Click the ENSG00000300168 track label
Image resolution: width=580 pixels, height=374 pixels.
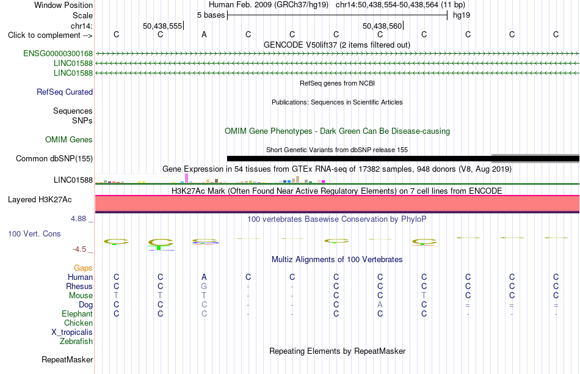point(58,54)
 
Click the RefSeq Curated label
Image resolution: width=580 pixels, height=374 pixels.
point(65,92)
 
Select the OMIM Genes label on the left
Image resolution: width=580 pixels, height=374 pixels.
point(69,139)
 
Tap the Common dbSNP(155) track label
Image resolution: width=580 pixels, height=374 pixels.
point(54,158)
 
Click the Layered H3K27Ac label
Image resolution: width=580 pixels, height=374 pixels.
point(40,200)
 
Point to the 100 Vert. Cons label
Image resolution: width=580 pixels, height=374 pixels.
point(34,233)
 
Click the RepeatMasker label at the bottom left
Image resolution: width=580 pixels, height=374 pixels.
point(67,359)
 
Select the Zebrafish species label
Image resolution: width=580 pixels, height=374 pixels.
point(76,341)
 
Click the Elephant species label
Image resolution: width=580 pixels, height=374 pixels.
point(78,313)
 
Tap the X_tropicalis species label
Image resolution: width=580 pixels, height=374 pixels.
point(72,332)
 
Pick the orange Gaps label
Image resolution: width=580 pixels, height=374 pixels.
point(83,268)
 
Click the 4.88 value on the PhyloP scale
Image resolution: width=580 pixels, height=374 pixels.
point(78,219)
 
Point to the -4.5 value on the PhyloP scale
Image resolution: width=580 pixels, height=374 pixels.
point(79,249)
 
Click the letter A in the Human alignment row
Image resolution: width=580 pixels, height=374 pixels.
point(204,277)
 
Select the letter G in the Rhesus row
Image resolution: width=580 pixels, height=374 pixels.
point(204,286)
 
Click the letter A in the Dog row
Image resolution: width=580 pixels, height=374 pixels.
point(380,304)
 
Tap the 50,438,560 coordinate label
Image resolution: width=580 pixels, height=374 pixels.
point(382,26)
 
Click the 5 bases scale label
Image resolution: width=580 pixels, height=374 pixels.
point(211,15)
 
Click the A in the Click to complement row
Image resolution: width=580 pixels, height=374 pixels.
point(204,34)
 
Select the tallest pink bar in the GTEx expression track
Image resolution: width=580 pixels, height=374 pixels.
point(186,178)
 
